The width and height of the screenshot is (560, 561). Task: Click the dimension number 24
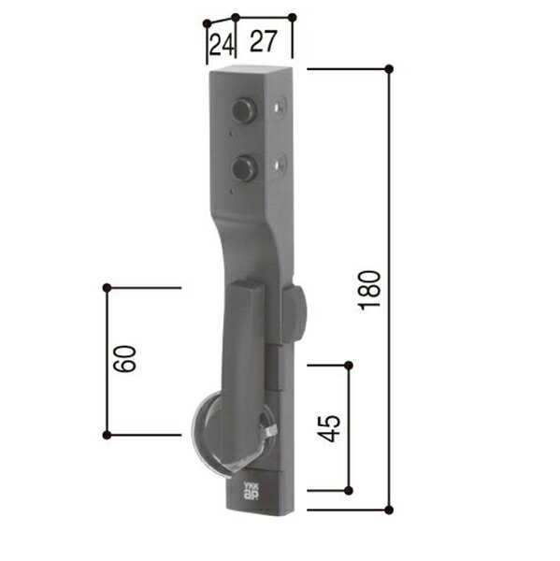220,44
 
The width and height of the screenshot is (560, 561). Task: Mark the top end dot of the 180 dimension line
389,68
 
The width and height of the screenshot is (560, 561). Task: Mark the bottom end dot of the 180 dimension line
389,510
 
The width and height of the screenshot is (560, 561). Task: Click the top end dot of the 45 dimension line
349,364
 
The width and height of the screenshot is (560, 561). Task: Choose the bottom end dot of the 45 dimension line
349,490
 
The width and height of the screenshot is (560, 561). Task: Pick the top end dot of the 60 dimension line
107,287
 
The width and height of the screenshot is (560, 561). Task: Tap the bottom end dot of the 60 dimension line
107,434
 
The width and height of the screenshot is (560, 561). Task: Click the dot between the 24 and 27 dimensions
236,17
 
